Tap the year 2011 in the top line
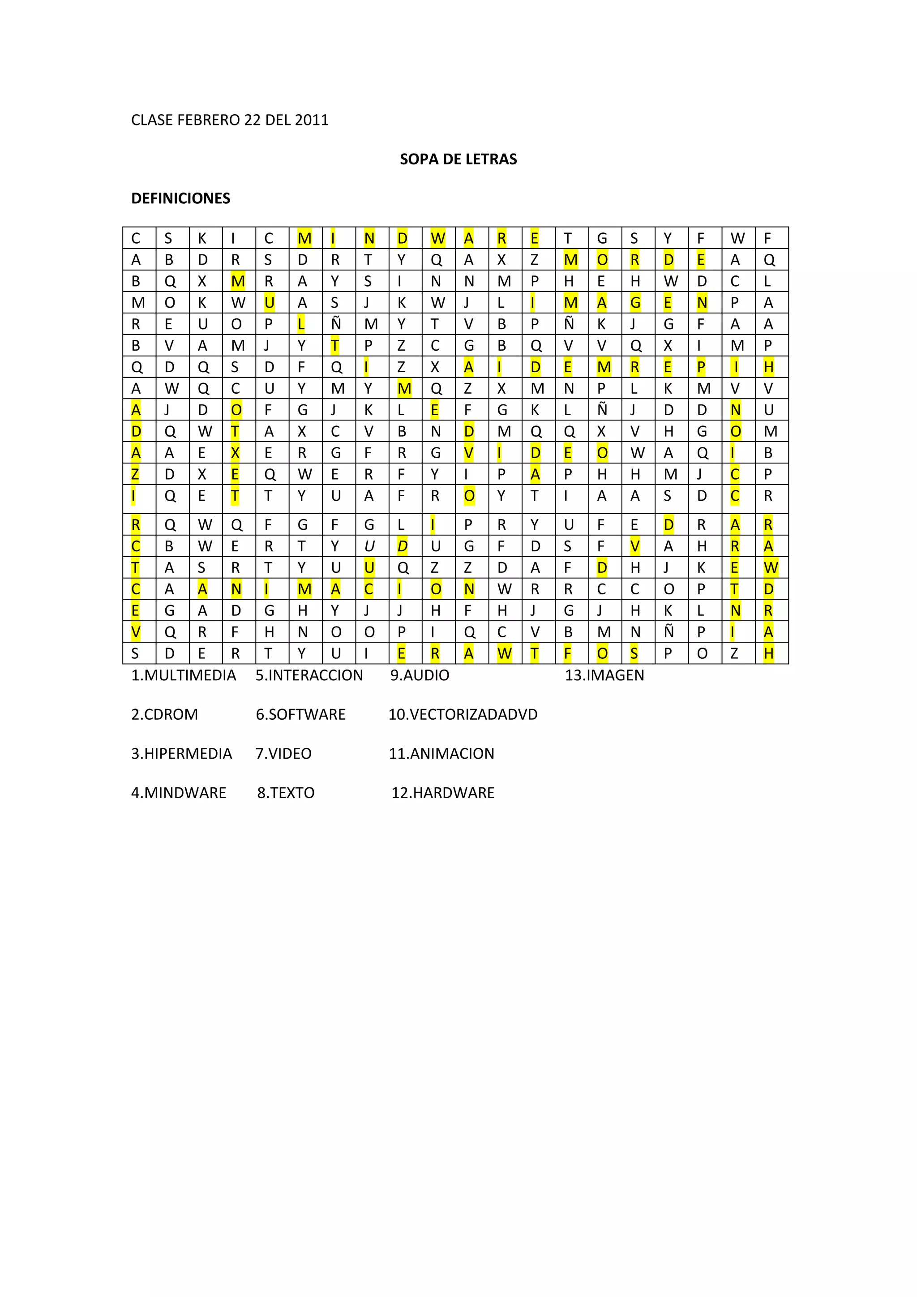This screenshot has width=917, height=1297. (312, 120)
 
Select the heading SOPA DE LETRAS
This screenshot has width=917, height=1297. (458, 159)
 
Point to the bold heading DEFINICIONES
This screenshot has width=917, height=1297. (181, 198)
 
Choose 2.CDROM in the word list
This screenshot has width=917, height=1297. (164, 715)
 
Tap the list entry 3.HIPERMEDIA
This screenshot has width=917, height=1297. (181, 754)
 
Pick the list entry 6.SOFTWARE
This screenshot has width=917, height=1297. (300, 715)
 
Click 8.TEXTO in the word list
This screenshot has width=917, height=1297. (286, 793)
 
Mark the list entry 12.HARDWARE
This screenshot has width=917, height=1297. (443, 793)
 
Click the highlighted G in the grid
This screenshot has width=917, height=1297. (635, 303)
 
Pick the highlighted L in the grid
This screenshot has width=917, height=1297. (301, 324)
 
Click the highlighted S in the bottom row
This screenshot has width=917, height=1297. (634, 653)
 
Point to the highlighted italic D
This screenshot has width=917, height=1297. (402, 546)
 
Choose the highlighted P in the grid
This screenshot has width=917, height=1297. (701, 367)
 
